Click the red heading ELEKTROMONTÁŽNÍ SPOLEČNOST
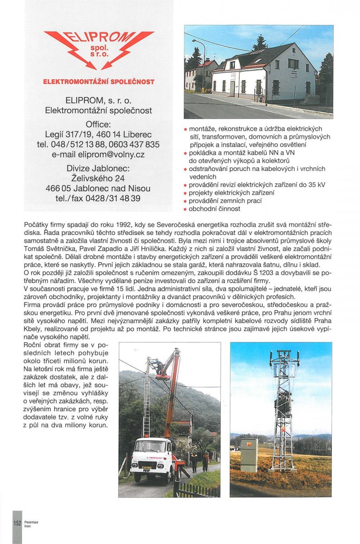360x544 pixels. pyautogui.click(x=98, y=82)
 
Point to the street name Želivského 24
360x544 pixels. pyautogui.click(x=98, y=178)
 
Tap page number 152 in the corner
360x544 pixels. pyautogui.click(x=17, y=523)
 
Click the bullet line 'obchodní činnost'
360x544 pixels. pyautogui.click(x=214, y=209)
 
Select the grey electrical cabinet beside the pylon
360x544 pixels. pyautogui.click(x=248, y=455)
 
